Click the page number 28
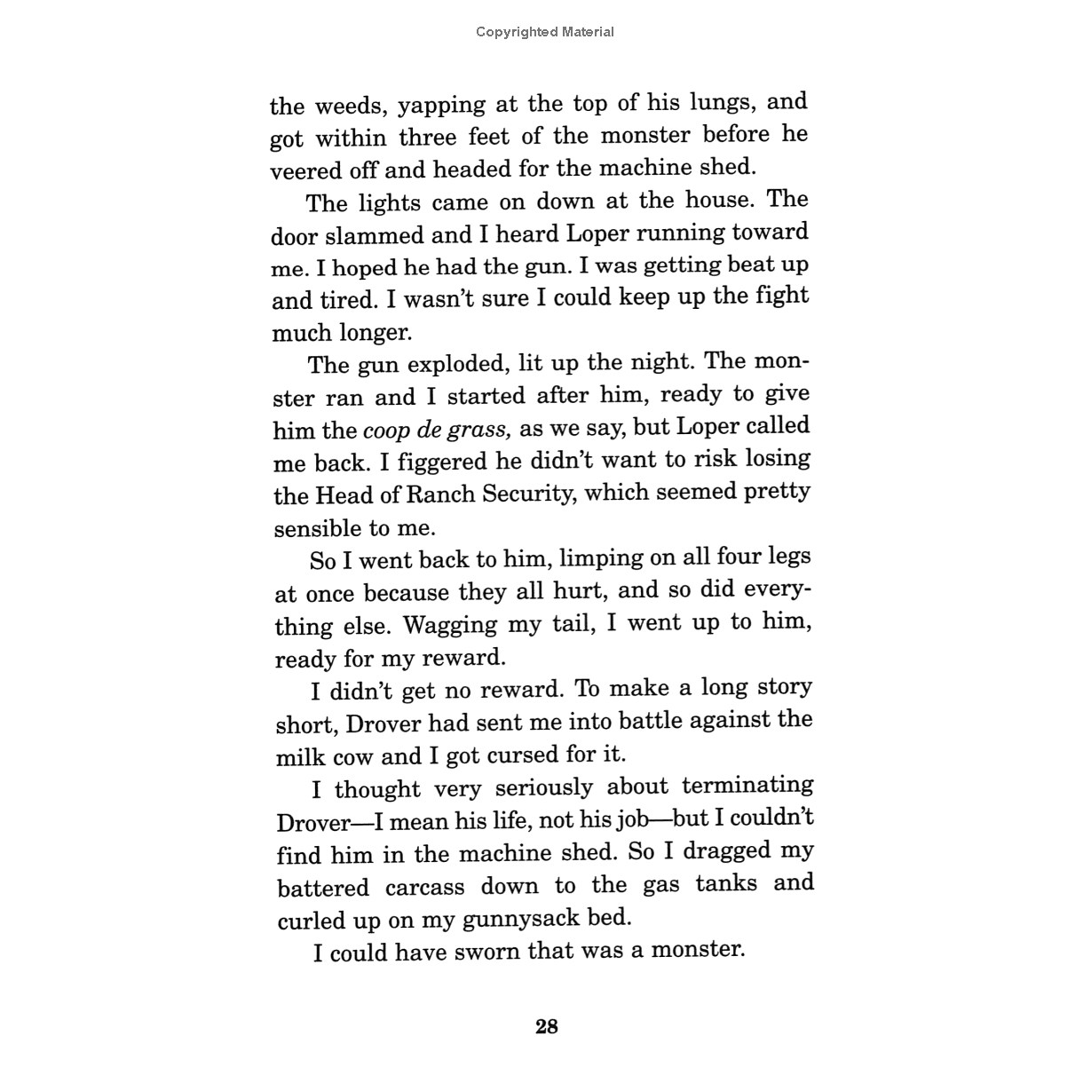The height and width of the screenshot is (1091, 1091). (547, 1027)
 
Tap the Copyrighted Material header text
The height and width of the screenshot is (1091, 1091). (545, 32)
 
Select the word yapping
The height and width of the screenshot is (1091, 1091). (441, 105)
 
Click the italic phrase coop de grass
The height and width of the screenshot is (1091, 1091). (437, 430)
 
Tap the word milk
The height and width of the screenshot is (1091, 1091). (302, 757)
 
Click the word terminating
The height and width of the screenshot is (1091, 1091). (747, 787)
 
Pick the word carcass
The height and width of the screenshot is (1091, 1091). (424, 887)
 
